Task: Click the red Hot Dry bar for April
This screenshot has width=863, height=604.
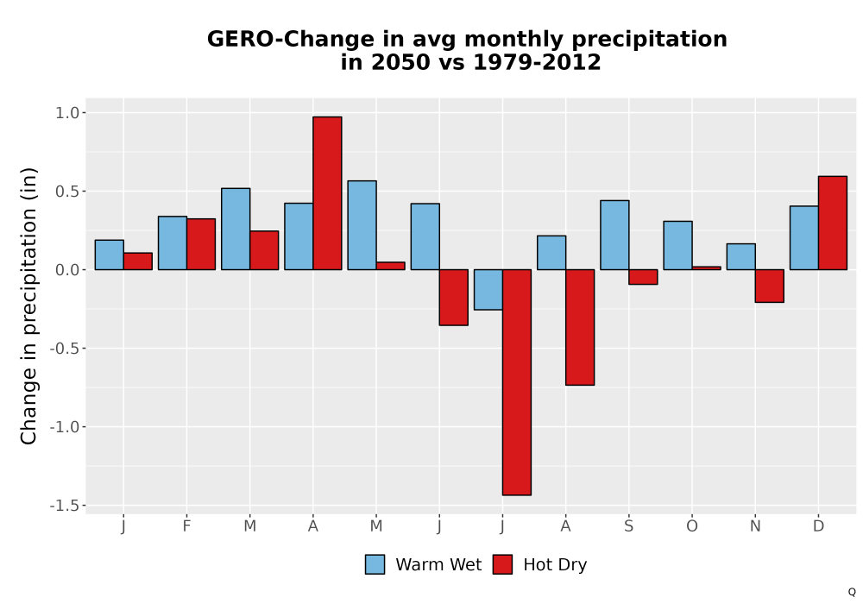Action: pos(327,193)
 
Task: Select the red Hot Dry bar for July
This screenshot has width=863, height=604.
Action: pos(517,382)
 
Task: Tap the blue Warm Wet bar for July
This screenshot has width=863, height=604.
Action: pos(488,290)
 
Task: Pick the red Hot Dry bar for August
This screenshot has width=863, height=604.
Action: pos(580,327)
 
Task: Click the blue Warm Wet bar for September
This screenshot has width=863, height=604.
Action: pos(614,235)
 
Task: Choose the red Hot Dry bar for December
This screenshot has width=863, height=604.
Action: pos(833,223)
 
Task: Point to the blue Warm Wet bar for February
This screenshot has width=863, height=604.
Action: pos(173,243)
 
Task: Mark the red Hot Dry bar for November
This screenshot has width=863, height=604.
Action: pos(770,286)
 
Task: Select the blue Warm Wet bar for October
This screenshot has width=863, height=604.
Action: pos(678,245)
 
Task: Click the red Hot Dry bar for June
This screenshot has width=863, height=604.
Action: pos(454,298)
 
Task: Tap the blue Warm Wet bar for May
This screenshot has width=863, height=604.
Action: pos(362,225)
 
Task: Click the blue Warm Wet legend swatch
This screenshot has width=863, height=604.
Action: pos(375,564)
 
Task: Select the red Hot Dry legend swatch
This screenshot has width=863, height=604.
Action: pos(502,564)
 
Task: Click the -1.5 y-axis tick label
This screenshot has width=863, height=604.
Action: pos(65,506)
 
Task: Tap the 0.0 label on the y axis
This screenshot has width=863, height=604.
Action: pos(67,270)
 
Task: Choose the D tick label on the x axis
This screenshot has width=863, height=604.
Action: pos(818,526)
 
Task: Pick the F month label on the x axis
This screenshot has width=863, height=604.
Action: pos(186,526)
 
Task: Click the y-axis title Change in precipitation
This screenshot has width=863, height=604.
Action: pos(28,305)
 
